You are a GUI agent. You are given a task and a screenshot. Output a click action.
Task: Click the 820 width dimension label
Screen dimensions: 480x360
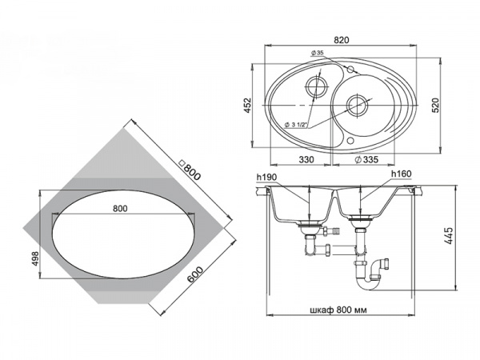342,40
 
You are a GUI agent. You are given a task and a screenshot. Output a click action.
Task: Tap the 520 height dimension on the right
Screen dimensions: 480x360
436,105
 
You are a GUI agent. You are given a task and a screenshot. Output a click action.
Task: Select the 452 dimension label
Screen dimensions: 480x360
247,105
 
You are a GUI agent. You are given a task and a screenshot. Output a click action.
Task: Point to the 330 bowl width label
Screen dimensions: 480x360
306,159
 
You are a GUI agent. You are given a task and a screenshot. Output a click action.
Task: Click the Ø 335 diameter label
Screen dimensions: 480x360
366,159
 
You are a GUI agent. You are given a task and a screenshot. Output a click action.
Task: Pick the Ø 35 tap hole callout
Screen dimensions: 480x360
317,53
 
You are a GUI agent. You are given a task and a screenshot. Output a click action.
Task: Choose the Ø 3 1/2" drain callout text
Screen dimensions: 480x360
296,125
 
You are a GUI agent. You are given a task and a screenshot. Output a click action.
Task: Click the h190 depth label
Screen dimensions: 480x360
266,177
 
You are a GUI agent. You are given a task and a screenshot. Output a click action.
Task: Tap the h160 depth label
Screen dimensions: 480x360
402,174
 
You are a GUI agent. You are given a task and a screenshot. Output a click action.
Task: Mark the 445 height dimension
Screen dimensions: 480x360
448,236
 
